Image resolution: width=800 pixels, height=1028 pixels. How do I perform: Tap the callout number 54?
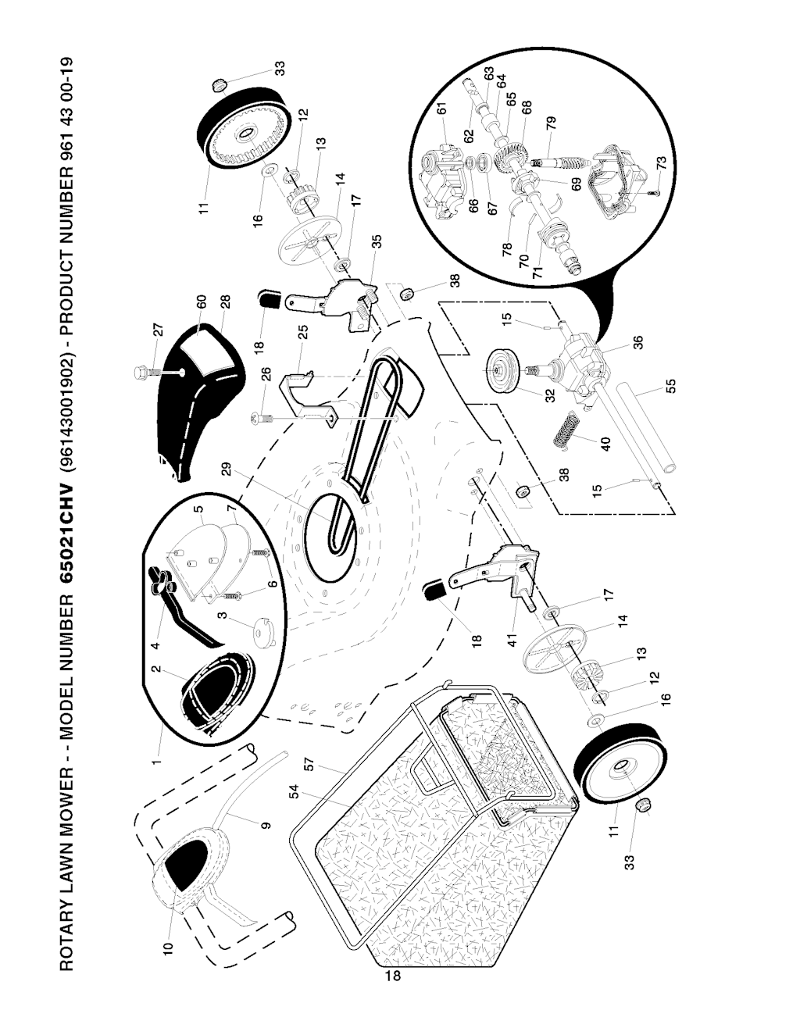coord(294,791)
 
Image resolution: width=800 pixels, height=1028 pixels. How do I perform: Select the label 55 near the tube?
coord(670,386)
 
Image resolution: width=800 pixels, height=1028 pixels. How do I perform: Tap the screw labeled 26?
coord(262,417)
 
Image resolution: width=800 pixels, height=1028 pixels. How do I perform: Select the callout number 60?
coord(201,302)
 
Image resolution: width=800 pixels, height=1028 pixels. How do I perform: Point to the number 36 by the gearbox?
coord(637,342)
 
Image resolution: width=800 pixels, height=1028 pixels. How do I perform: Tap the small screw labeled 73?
coord(654,192)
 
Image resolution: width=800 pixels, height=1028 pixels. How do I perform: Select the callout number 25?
coord(303,331)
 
